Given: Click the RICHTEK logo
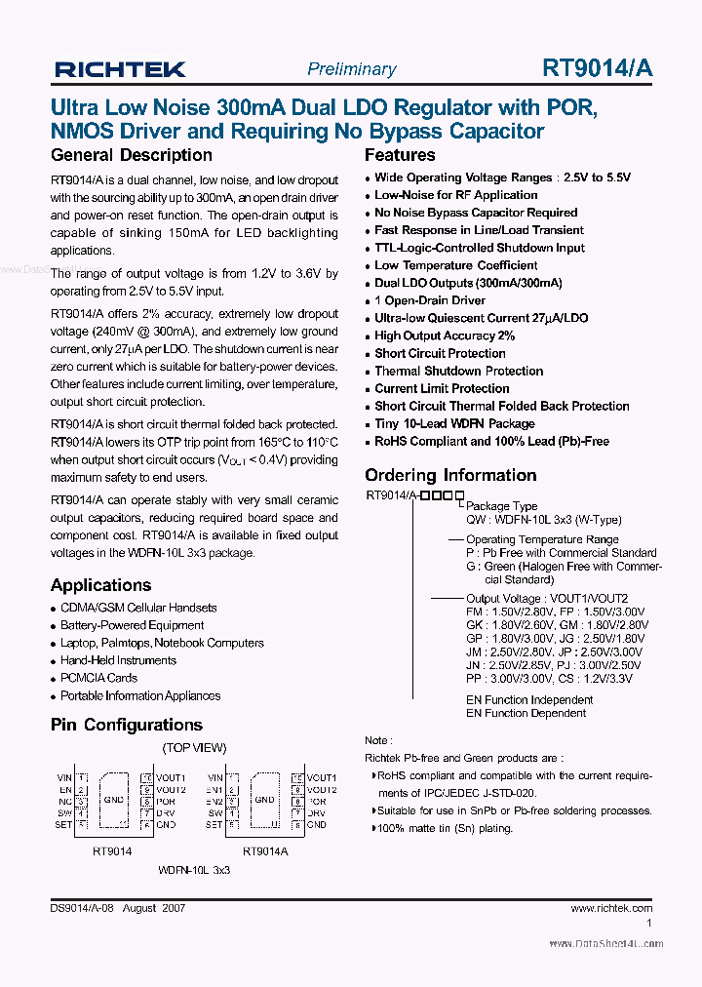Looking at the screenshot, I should (120, 69).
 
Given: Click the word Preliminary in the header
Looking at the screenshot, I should (351, 69).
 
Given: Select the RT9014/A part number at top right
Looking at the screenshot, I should (598, 68).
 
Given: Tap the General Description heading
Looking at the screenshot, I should (131, 155).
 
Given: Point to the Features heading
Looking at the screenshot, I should (400, 155).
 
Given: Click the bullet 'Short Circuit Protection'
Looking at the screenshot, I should (440, 353).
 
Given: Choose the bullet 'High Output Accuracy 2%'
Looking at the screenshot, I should (445, 336).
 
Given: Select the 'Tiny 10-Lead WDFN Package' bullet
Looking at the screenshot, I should (454, 423).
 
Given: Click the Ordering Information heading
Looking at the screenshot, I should (450, 475).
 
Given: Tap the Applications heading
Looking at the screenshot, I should (100, 585).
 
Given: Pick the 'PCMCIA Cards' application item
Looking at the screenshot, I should (98, 678).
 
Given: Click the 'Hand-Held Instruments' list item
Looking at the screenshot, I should (118, 660).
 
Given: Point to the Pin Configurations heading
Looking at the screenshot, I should (126, 725).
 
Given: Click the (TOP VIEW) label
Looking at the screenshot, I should (194, 747).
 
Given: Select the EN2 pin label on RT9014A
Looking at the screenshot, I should (215, 801).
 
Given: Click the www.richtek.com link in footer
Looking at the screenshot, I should (611, 907).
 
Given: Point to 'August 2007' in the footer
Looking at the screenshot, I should (155, 907).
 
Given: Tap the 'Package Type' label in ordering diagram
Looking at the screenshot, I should (502, 506).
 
